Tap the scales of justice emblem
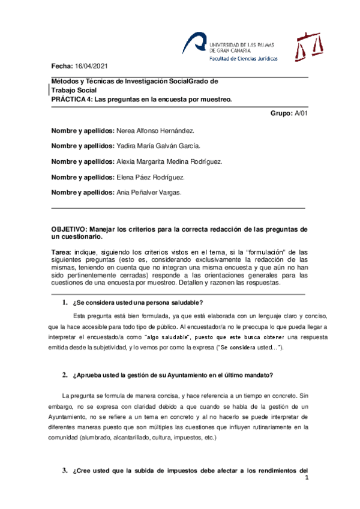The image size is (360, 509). click(x=310, y=46)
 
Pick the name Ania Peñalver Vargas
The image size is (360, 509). click(x=149, y=193)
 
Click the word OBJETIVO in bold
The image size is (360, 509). click(x=69, y=229)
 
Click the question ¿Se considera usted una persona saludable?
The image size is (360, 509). click(x=137, y=302)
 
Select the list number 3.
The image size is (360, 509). click(x=64, y=470)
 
